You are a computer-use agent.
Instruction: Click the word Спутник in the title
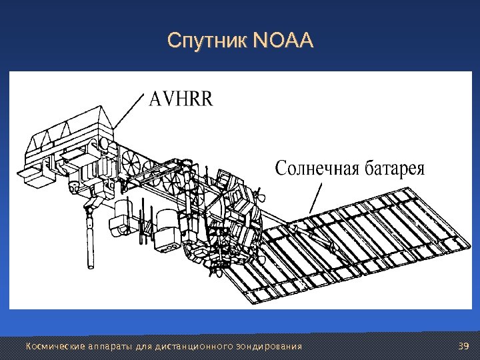tap(207, 42)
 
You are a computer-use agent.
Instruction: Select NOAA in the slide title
tap(283, 42)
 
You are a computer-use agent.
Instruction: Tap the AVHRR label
tap(181, 100)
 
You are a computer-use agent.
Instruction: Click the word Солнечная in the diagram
tap(317, 168)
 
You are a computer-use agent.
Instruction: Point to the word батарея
tap(395, 168)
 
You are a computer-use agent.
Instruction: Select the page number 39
tap(464, 346)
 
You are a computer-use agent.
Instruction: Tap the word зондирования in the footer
tap(270, 346)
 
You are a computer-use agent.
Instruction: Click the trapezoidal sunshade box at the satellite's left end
tap(67, 133)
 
